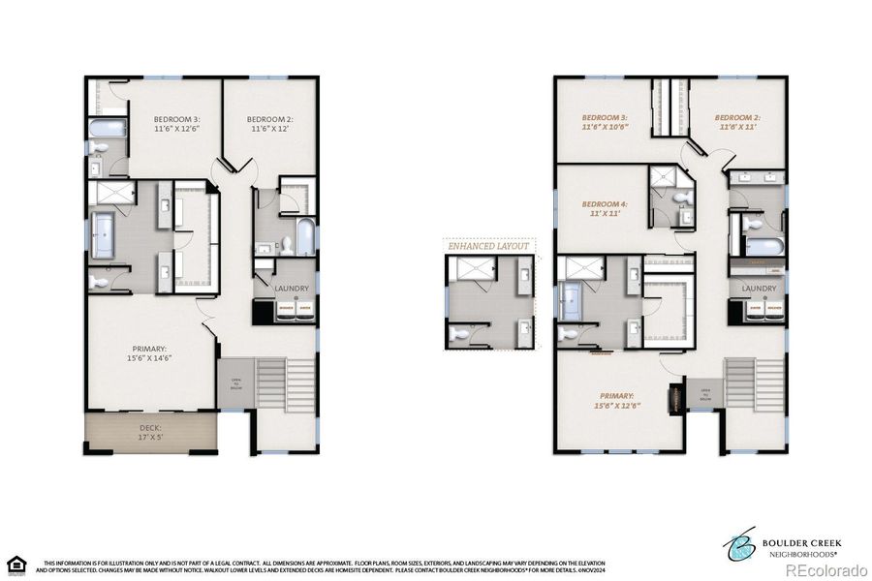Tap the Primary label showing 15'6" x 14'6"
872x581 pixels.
[x=150, y=353]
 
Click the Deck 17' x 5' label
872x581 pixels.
[x=150, y=432]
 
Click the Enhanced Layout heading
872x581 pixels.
[x=489, y=246]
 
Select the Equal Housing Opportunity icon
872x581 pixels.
[x=15, y=564]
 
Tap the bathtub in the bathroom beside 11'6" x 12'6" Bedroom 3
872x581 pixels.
[x=106, y=128]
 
